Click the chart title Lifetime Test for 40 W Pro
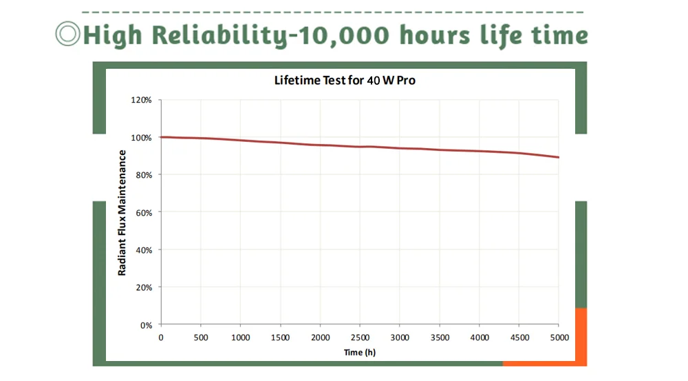pos(345,81)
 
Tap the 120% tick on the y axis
pos(141,100)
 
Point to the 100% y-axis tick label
pos(141,138)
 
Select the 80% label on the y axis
pos(142,175)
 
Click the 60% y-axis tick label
pos(142,212)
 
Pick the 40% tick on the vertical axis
pos(142,250)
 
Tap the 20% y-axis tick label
pos(142,287)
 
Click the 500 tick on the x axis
pos(200,338)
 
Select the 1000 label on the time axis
pos(240,338)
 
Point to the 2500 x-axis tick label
pos(360,338)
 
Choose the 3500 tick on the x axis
pos(440,338)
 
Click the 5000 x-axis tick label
pos(558,338)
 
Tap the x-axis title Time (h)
pos(360,352)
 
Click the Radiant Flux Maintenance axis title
pos(122,212)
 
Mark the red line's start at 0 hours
pos(161,137)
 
